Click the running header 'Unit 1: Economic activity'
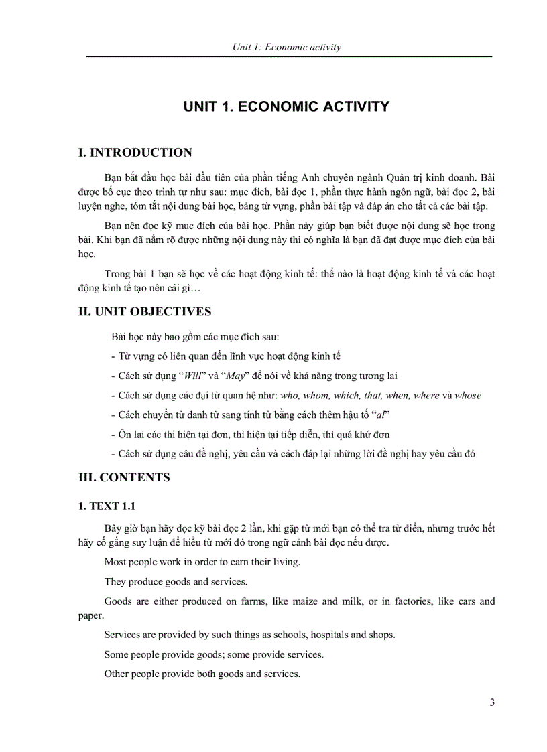(x=286, y=47)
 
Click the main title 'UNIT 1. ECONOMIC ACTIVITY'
(x=286, y=106)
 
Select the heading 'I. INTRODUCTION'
(x=135, y=153)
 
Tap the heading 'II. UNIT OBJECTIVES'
(x=145, y=311)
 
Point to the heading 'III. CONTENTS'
(x=125, y=477)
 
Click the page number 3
(x=492, y=702)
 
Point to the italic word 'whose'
(x=468, y=395)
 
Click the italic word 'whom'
(x=316, y=395)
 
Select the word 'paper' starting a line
(x=90, y=615)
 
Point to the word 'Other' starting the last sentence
(x=117, y=674)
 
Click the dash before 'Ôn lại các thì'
(x=113, y=434)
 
